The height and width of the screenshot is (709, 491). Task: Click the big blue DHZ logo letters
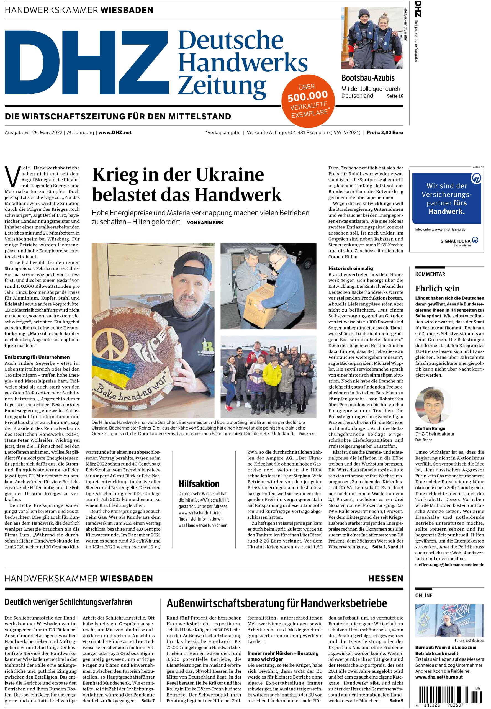point(86,62)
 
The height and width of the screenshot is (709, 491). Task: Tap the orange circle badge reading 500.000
point(308,101)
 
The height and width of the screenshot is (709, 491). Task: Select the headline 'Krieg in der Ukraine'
point(178,175)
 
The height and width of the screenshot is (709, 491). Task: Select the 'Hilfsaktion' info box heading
point(199,484)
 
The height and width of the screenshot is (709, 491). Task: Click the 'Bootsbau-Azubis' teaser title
point(368,78)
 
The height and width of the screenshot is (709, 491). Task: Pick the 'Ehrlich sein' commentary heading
point(437,288)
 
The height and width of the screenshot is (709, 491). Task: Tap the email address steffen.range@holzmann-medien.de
point(449,564)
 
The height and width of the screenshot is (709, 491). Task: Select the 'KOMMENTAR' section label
point(430,274)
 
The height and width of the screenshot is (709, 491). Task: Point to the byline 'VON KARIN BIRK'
point(205,222)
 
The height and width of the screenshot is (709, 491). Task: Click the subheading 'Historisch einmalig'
point(350,268)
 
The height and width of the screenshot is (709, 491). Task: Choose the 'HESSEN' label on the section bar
point(385,578)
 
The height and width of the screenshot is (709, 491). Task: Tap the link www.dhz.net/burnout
point(439,677)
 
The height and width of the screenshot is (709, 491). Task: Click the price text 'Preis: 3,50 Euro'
point(385,133)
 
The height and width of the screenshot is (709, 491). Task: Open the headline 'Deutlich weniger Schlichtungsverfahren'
point(68,602)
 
